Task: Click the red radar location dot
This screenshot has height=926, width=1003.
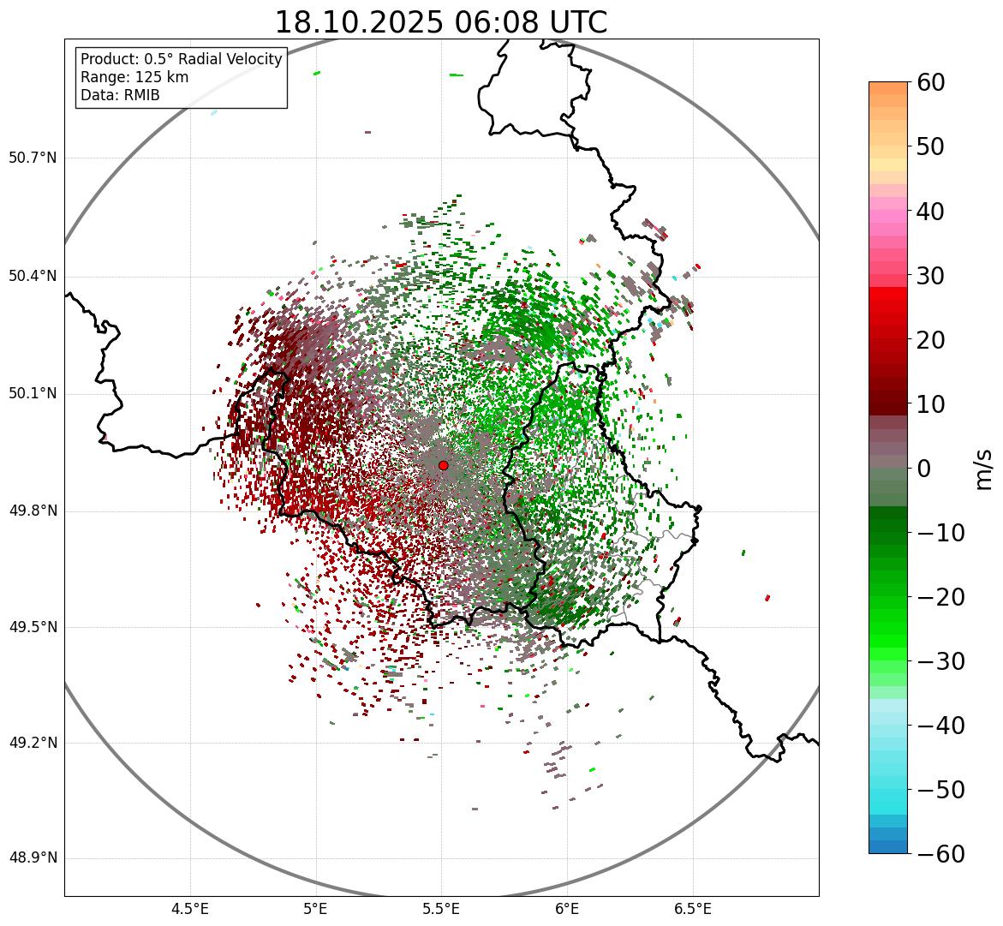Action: [443, 465]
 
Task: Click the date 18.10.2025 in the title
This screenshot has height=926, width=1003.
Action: [359, 22]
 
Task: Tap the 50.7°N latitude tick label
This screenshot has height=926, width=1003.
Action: [33, 158]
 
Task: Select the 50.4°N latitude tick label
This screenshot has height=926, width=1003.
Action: [33, 277]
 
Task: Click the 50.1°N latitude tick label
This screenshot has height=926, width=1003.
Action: [33, 394]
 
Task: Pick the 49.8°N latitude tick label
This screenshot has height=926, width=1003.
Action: [33, 511]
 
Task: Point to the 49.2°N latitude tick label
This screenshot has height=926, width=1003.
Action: [33, 743]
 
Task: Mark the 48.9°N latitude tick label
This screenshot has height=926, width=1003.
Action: [33, 858]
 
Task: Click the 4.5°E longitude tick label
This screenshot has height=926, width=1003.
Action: [190, 909]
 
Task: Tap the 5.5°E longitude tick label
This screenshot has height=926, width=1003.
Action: [441, 909]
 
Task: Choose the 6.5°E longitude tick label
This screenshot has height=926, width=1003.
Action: [692, 909]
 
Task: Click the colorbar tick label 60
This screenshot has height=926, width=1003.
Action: [930, 82]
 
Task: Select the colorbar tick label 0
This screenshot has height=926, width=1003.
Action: [924, 469]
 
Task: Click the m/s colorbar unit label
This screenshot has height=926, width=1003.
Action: [983, 469]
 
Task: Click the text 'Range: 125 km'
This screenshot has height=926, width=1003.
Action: [134, 77]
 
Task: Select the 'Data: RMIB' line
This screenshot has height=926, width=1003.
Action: [120, 95]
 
